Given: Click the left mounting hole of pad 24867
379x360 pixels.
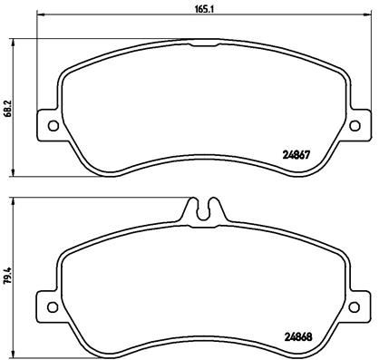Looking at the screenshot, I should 52,125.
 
